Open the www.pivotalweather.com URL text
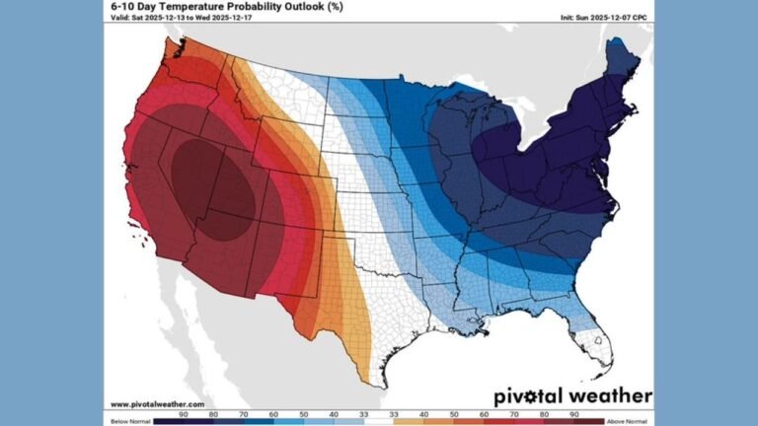157,404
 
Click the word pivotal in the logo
529,396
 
